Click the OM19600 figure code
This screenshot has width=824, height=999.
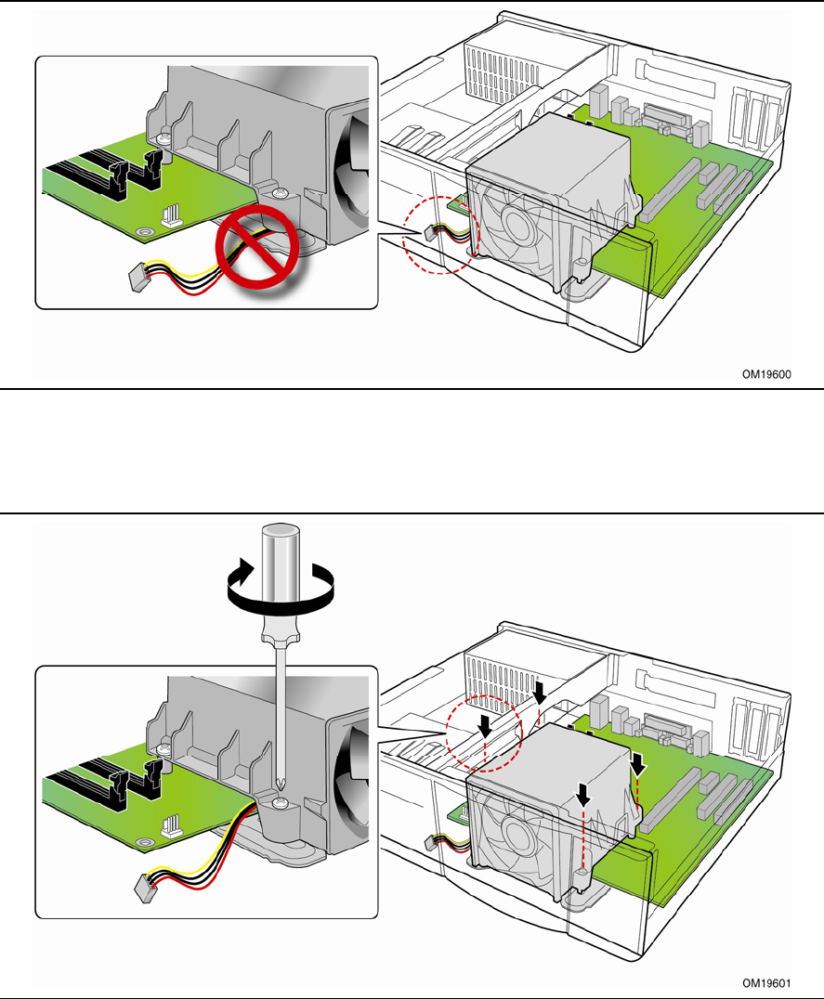(x=767, y=375)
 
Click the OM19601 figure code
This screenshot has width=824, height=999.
(x=767, y=981)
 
